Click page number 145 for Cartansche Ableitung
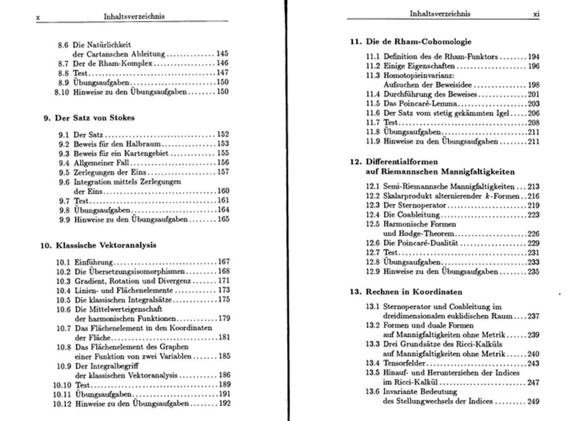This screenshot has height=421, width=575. pos(222,54)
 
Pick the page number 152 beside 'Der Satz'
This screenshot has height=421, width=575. pos(223,135)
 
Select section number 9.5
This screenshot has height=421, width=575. pos(64,172)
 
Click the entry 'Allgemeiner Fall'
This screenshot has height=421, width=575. pos(101,163)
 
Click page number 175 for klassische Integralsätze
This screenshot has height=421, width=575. pos(224,300)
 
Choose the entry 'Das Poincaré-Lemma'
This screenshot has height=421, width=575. pos(420,104)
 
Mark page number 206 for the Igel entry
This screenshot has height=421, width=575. pos(533,113)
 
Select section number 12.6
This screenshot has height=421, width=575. pos(372,243)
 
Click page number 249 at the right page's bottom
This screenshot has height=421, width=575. pos(533,401)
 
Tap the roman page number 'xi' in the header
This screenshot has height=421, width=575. pos(536,15)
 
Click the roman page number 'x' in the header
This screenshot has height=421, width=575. pos(38,18)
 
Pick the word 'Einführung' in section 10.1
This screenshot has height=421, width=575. pos(94,262)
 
